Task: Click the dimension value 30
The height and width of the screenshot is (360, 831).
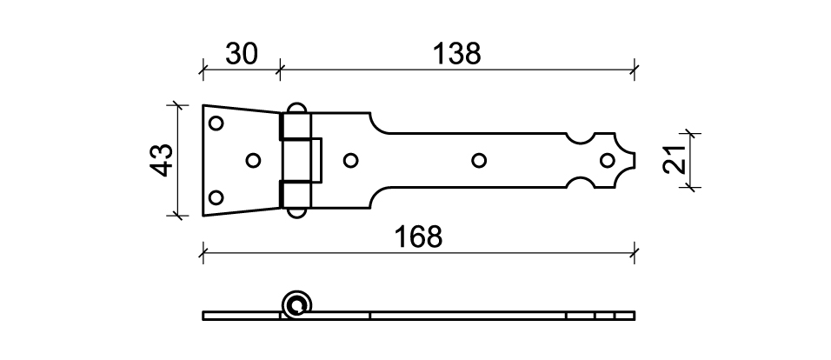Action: pos(242,54)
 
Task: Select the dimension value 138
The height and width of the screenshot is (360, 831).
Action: pos(457,54)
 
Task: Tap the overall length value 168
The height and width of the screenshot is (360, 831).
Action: pos(418,237)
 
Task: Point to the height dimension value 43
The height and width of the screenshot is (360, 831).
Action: pos(162,160)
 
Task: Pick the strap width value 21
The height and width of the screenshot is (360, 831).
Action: pos(675,160)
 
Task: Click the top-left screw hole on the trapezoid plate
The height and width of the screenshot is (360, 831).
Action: pos(216,123)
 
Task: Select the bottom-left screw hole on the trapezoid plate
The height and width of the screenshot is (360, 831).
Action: pos(216,197)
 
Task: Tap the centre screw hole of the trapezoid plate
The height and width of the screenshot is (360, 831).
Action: pos(253,160)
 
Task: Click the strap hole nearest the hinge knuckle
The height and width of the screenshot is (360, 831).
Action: pos(350,160)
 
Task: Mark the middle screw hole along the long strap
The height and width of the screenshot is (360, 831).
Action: pos(479,160)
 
